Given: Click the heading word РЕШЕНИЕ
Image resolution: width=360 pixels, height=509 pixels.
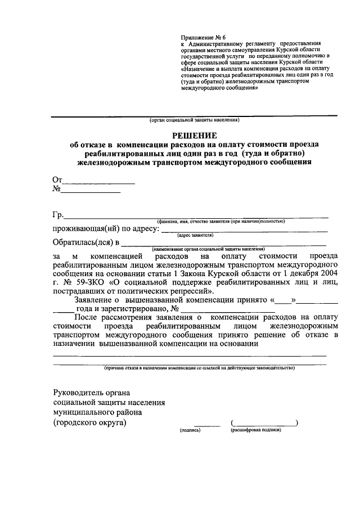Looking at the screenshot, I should tap(194, 135).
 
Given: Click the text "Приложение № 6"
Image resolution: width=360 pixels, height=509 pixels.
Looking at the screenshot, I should tap(202, 37).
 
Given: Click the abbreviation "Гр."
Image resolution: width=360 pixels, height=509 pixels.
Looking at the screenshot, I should tap(58, 215).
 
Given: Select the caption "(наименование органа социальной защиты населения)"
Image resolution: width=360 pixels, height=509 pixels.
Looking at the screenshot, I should tap(208, 249).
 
